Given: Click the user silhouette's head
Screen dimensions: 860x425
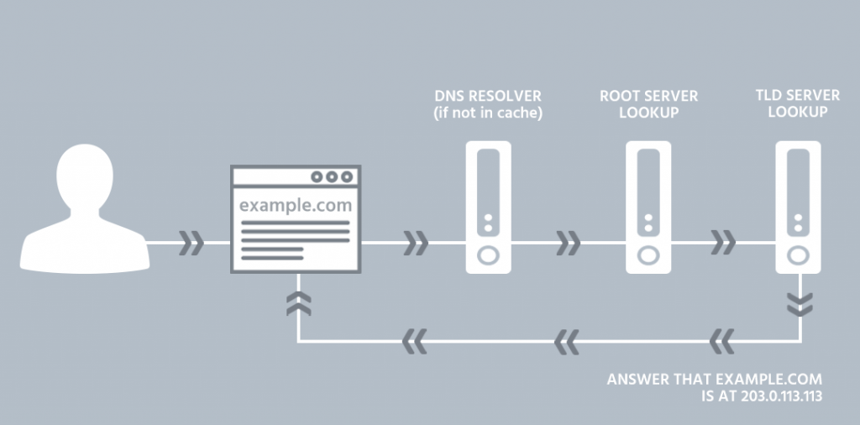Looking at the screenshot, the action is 85,176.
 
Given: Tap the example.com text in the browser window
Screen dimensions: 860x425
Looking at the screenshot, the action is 296,206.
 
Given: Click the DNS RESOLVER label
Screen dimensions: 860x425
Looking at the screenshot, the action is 488,96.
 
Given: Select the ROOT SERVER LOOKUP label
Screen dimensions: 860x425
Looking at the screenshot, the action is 649,104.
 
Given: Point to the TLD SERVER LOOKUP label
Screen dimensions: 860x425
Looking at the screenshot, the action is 798,103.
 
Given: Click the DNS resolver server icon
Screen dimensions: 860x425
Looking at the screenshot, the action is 488,207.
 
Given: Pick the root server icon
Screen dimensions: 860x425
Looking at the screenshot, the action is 648,207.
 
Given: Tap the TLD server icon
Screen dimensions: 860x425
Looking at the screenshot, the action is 798,207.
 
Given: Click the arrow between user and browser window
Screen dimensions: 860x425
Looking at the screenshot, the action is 191,243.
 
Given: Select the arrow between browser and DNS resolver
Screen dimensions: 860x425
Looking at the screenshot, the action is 417,243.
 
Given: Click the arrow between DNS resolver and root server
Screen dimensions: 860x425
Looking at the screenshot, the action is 569,243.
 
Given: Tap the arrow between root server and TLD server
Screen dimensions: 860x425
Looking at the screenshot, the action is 723,243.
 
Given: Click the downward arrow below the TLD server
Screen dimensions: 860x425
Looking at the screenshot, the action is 800,304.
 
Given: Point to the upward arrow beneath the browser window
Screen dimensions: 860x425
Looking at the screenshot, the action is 298,303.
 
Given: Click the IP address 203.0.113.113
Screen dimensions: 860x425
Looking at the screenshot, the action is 781,396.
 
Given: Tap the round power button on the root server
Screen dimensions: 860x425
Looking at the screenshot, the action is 648,255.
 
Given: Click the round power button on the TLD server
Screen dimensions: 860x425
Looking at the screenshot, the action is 798,255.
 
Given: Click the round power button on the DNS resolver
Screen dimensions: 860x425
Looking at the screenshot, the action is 488,255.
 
